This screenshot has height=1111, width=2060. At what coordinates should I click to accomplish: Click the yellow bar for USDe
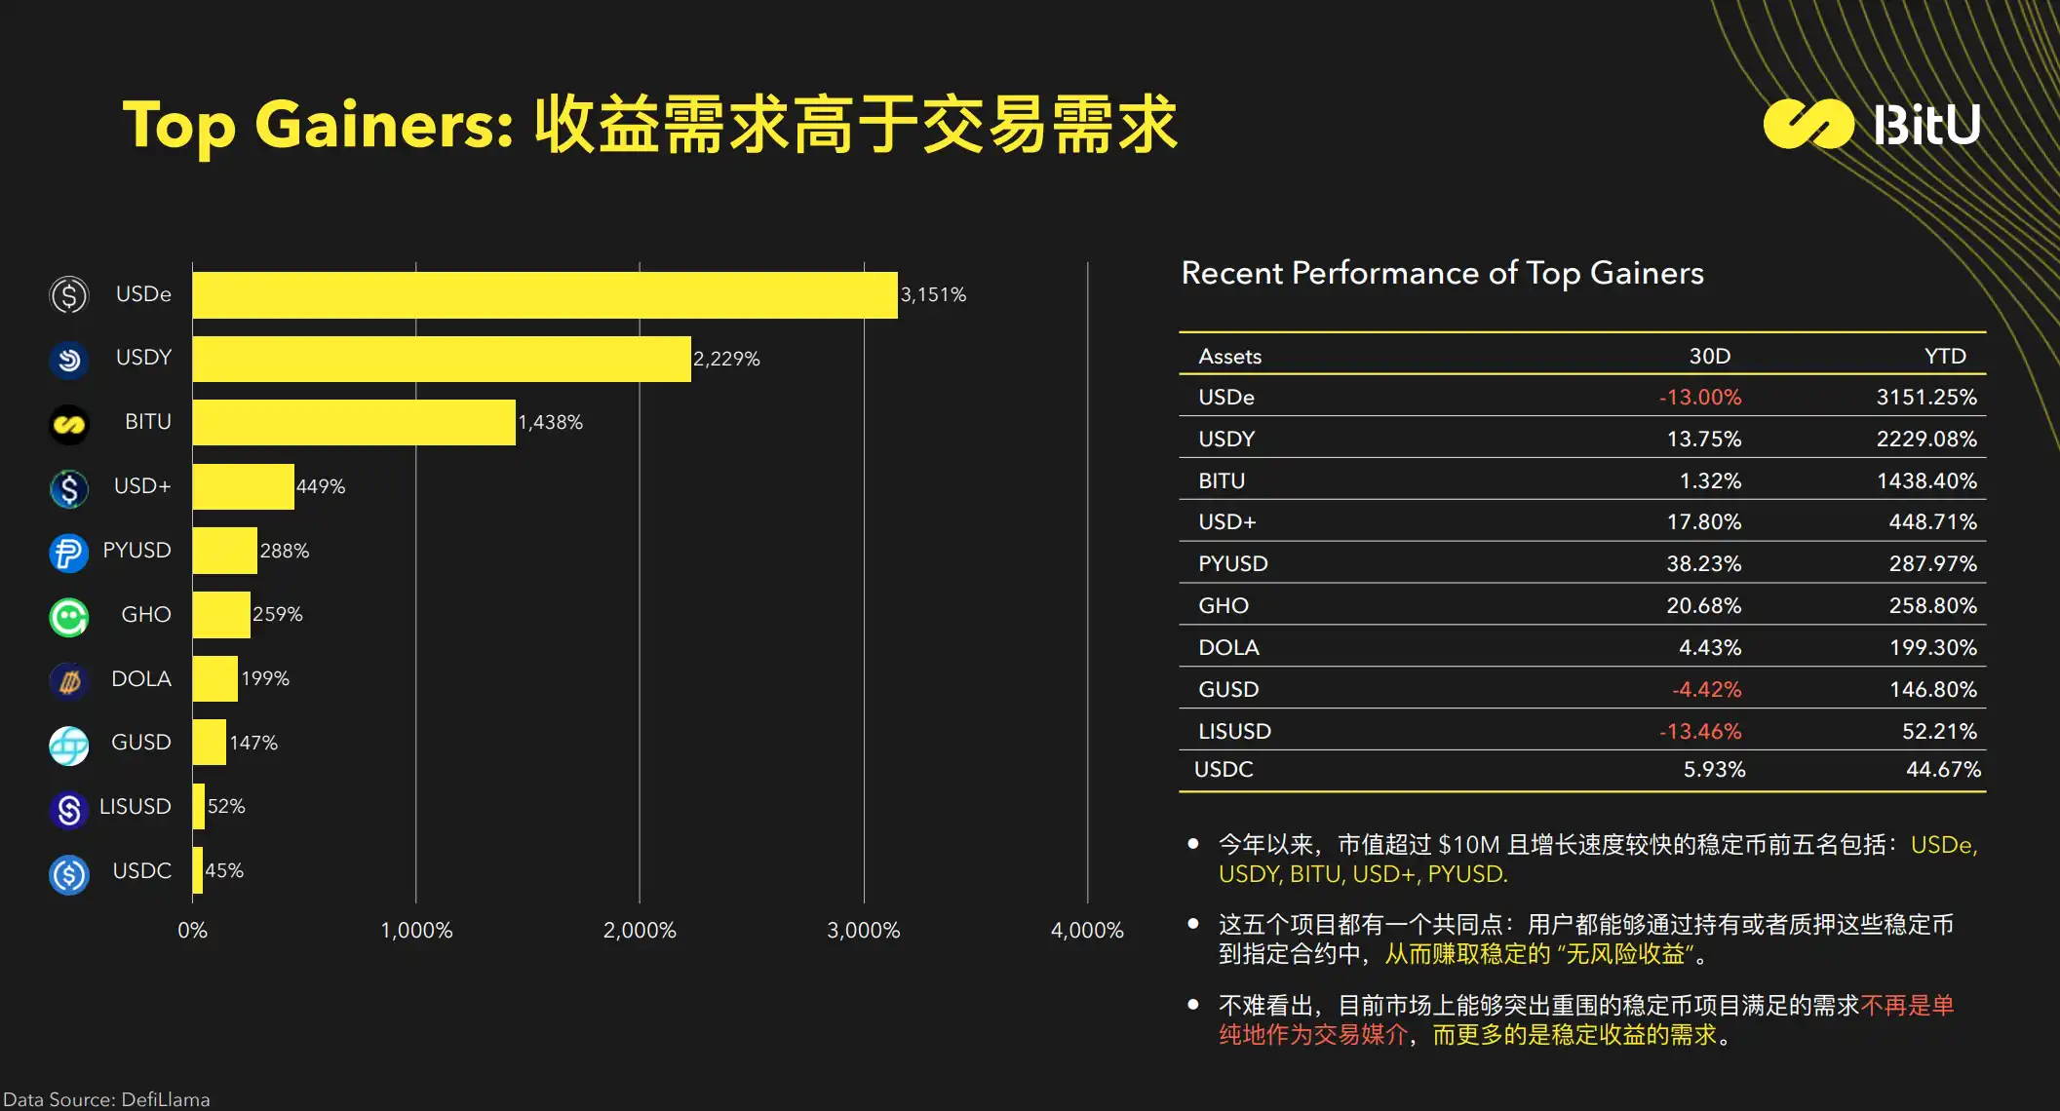(x=544, y=295)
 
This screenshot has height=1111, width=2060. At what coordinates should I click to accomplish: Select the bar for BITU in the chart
(x=354, y=423)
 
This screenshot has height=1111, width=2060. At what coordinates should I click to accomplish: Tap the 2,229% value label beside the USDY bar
(x=726, y=359)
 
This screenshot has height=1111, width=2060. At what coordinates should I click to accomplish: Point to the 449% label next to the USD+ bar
(x=321, y=486)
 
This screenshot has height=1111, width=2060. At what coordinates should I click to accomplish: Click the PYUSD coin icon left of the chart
(x=69, y=553)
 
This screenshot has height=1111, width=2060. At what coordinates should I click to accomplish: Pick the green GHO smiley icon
(x=69, y=617)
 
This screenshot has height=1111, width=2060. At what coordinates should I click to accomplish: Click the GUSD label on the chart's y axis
(x=141, y=743)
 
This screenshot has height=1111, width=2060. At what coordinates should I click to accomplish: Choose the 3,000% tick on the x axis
(x=863, y=931)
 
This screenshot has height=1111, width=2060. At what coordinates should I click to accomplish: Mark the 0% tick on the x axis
(x=192, y=931)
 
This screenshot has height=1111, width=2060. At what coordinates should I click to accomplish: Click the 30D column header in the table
(x=1709, y=357)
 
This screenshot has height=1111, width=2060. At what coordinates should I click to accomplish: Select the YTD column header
(x=1945, y=357)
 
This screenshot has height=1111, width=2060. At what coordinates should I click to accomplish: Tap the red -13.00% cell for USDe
(x=1700, y=398)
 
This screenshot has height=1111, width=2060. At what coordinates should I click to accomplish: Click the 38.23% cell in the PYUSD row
(x=1703, y=564)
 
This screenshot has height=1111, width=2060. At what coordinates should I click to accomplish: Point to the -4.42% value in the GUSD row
(x=1706, y=690)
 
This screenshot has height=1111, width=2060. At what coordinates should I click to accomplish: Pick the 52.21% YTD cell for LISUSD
(x=1939, y=732)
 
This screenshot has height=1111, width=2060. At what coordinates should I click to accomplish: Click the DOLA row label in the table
(x=1228, y=648)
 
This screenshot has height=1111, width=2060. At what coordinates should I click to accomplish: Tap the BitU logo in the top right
(x=1872, y=125)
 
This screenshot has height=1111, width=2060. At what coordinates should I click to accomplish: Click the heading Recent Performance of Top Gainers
(x=1442, y=274)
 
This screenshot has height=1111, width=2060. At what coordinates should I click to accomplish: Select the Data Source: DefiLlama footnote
(x=106, y=1099)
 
